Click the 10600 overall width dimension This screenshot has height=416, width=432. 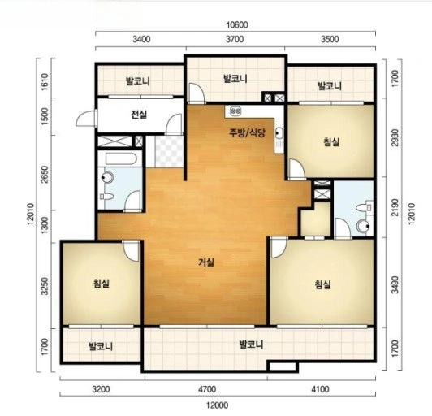237,25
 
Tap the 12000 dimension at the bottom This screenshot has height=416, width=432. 218,405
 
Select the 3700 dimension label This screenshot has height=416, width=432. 235,39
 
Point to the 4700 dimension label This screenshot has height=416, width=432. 207,389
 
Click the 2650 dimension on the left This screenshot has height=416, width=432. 45,174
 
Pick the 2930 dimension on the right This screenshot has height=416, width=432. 395,138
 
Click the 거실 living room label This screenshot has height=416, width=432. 206,262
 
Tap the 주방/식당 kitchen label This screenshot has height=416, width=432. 247,133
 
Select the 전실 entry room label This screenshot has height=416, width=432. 139,115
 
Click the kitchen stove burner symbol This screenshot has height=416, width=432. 235,111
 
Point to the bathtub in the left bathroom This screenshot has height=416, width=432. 121,159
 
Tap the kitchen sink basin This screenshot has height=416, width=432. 279,133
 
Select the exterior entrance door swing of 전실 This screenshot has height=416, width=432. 86,119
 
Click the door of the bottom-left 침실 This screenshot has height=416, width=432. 132,250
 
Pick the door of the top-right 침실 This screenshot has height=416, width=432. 296,170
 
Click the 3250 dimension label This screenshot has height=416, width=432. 45,286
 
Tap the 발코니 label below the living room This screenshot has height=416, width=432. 251,344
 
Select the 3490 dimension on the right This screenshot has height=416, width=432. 395,284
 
